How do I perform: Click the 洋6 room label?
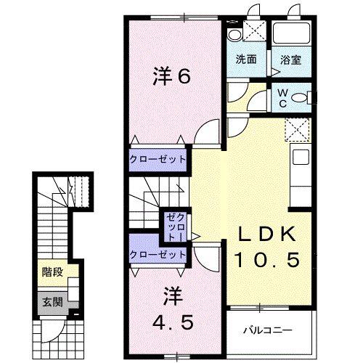point(172,76)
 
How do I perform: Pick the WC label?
point(282,98)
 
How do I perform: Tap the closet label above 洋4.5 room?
point(158,254)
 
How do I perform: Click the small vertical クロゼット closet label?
point(172,227)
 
